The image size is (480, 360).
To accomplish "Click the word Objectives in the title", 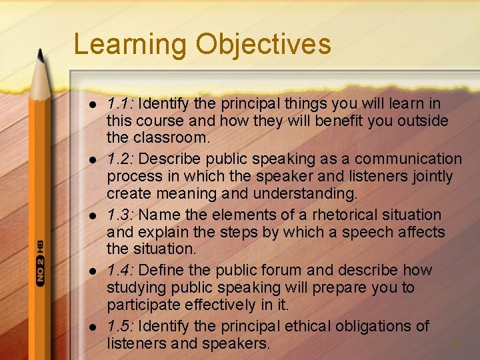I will (263, 45).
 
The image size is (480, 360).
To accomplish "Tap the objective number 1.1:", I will (121, 104).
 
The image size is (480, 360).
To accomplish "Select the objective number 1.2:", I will (121, 159).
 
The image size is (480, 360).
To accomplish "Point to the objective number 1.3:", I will (121, 215).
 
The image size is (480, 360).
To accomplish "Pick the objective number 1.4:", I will (121, 270).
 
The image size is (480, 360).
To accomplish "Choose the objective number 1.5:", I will (121, 326).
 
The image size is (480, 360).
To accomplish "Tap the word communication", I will (408, 159).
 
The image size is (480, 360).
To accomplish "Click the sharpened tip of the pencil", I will (41, 57).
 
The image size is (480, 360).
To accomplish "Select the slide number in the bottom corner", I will (457, 345).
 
